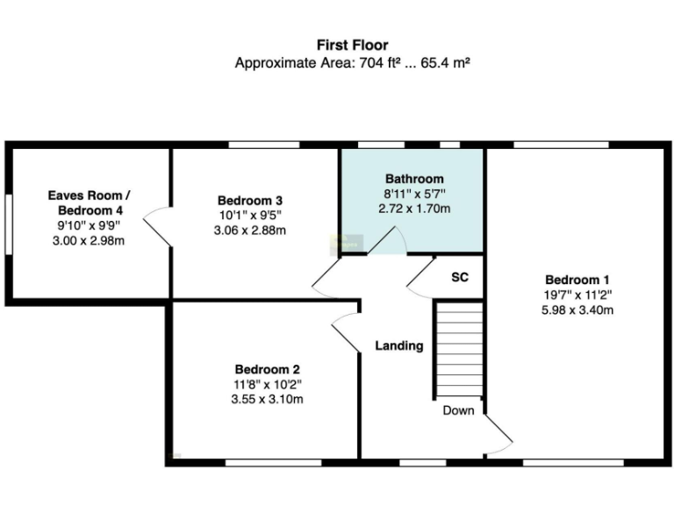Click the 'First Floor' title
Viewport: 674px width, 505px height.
tap(352, 45)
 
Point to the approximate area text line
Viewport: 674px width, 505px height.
tap(352, 63)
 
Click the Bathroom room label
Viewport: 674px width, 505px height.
tap(414, 179)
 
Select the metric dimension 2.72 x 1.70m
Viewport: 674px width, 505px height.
tap(414, 209)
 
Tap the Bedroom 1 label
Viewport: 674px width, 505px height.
tap(577, 280)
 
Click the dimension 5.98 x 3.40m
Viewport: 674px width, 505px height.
tap(577, 309)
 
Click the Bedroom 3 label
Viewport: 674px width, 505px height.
tap(250, 200)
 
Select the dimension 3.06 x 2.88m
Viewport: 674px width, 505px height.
tap(250, 231)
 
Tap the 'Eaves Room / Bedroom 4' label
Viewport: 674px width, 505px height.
tap(90, 203)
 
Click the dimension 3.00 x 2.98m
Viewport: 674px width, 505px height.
tap(90, 240)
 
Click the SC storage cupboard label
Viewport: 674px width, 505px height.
tap(460, 277)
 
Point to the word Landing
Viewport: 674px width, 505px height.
tap(399, 345)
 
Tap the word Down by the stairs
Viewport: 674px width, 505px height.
tap(458, 410)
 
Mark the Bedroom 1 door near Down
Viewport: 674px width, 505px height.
tap(498, 435)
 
